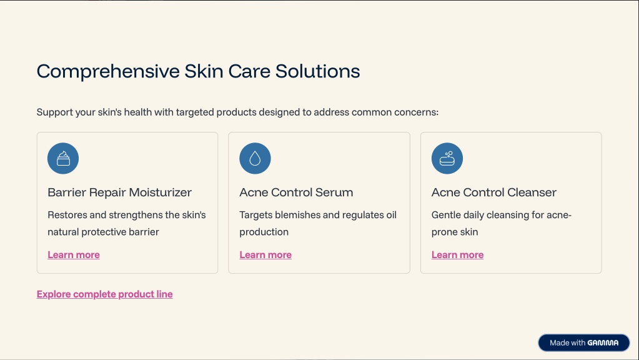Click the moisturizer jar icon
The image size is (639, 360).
pos(63,158)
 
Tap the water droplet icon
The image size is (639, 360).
pos(255,158)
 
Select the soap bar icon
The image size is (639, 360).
pos(447,158)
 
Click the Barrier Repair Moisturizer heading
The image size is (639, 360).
pos(119,192)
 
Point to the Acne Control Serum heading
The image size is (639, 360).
pos(296,192)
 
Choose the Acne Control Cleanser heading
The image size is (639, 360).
pos(494,192)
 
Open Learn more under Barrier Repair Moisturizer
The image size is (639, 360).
pos(74,255)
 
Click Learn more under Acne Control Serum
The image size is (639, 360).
pos(265,255)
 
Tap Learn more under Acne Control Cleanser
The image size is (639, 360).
pos(458,255)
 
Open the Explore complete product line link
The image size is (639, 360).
pos(105,294)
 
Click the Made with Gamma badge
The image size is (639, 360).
pos(584,343)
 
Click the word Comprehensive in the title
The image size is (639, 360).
pos(108,72)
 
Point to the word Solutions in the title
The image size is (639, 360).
pos(318,71)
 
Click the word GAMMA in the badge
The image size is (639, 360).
pos(603,343)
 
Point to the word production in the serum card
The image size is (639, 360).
pos(264,232)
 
